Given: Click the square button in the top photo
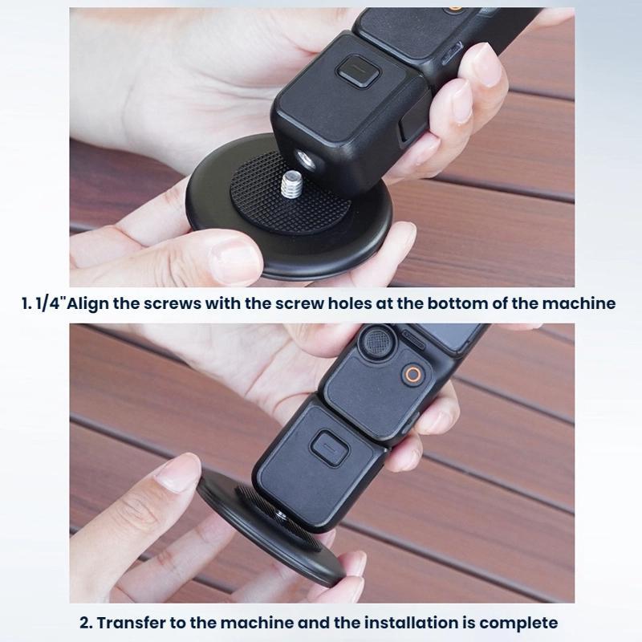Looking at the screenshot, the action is pyautogui.click(x=358, y=72).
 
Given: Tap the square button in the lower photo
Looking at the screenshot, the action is pyautogui.click(x=329, y=447).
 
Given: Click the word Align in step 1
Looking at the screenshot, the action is pyautogui.click(x=88, y=304).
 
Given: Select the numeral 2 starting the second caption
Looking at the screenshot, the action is pyautogui.click(x=85, y=624).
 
